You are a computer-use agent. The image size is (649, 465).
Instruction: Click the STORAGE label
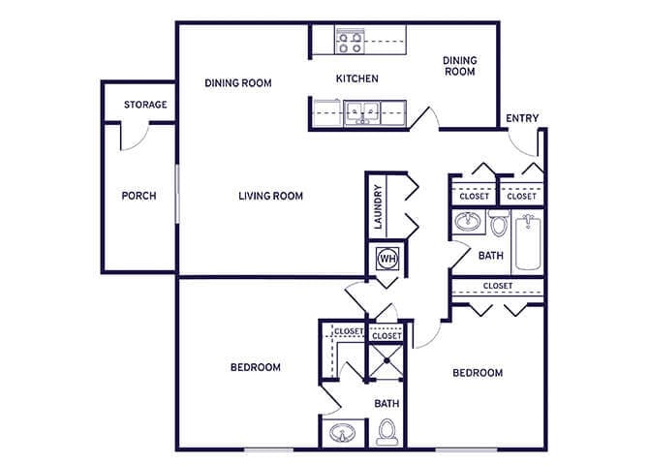pos(145,105)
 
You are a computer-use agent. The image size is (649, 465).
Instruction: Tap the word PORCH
pos(139,196)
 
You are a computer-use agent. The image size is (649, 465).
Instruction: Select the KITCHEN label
pos(356,78)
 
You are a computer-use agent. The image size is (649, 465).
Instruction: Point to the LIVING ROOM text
pos(270,196)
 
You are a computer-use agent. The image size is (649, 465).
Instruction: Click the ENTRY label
pos(522,118)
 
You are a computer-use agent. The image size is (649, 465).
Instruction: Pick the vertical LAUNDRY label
pos(377,207)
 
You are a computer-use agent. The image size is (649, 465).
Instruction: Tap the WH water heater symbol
pos(387,259)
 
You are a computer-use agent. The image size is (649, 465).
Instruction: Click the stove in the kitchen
pos(349,41)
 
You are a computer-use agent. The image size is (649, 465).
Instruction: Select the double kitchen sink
pos(363,111)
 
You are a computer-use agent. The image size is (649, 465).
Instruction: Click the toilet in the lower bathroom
pos(387,429)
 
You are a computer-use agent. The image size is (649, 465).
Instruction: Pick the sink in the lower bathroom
pos(342,432)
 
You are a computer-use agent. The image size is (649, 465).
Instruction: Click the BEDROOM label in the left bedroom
pos(255,367)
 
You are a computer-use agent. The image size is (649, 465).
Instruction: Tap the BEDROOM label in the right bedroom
pos(478,373)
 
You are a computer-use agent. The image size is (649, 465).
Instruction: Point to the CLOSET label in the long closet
pos(497,286)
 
